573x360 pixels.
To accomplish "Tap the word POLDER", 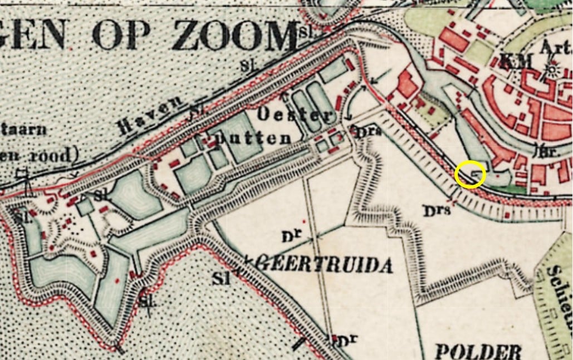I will [477, 351].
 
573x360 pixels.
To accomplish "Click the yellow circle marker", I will [470, 175].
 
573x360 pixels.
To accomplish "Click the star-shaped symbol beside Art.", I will [552, 70].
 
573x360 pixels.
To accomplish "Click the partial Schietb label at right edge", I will [560, 289].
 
